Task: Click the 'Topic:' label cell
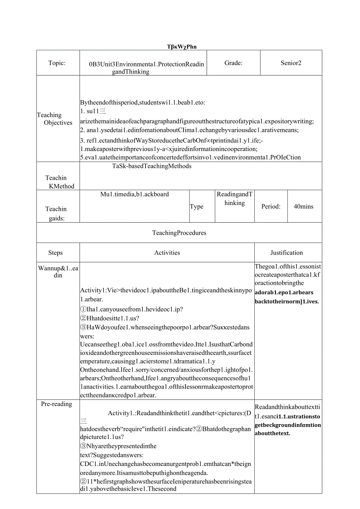(57, 63)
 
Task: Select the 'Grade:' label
(233, 63)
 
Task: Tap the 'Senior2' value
(291, 63)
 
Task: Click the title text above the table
(181, 47)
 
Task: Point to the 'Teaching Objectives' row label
(55, 119)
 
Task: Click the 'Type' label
(196, 207)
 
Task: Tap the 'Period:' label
(271, 207)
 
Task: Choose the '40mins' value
(303, 207)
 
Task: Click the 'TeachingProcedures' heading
(179, 233)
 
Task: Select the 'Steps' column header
(55, 253)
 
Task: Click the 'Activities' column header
(167, 253)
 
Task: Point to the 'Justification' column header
(286, 253)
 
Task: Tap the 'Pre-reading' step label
(57, 404)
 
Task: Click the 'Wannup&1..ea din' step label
(58, 272)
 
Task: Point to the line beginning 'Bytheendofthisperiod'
(142, 103)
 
